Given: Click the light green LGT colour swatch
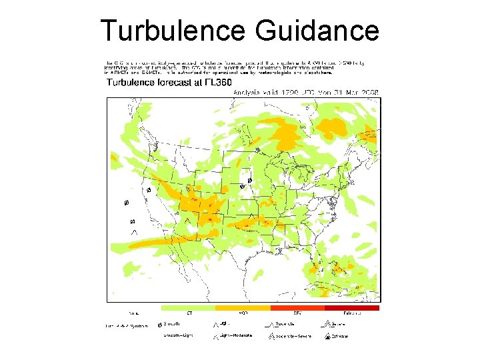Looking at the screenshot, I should [x=188, y=309].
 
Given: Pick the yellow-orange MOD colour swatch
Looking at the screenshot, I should [x=243, y=309].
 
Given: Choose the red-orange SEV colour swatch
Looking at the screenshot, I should [x=297, y=309].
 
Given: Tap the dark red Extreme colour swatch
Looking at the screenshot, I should [x=352, y=309].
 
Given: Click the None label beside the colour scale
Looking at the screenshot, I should [x=134, y=313].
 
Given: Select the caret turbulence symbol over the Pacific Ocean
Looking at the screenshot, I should [x=135, y=232].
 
